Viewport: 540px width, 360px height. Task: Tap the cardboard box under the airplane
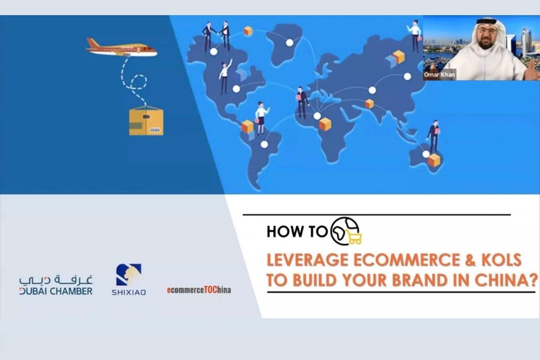146,120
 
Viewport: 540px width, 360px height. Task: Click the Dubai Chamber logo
56,285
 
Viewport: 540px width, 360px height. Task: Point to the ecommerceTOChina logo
199,290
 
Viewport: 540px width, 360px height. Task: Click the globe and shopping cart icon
346,232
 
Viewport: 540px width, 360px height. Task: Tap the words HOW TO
297,232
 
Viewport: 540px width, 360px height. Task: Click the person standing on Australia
433,135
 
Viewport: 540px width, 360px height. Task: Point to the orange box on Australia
434,160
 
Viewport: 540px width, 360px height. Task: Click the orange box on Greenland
248,31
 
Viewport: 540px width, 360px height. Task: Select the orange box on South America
247,126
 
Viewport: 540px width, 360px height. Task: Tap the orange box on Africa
325,124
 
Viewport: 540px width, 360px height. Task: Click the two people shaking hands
216,36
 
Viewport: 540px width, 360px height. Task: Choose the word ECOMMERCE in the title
400,260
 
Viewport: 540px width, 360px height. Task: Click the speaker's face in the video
486,37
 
